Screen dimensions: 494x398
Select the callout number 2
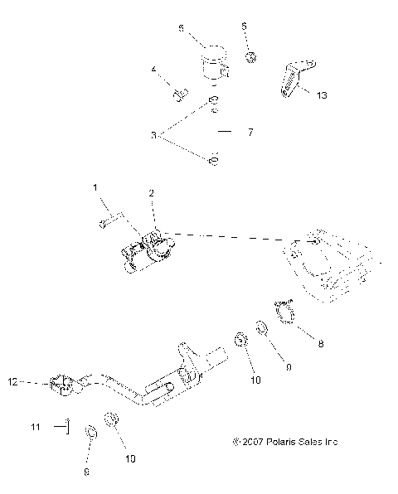151,192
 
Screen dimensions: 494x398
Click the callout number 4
153,70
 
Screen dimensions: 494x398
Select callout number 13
322,95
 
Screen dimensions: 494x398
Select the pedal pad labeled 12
61,385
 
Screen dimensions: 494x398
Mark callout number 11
35,427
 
